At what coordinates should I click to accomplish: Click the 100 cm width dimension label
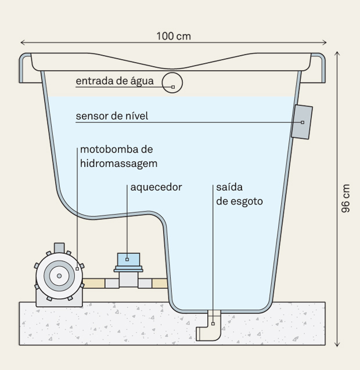(173, 36)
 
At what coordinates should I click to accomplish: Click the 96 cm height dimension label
(345, 198)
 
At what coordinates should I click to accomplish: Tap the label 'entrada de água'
(114, 81)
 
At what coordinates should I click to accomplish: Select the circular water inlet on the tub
(172, 83)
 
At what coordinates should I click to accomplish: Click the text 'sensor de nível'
(111, 116)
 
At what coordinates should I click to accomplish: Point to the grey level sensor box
(302, 122)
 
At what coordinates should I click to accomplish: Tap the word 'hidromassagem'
(118, 164)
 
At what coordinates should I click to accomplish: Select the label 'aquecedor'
(156, 187)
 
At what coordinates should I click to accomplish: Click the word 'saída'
(229, 187)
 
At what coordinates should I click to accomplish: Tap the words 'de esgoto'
(239, 201)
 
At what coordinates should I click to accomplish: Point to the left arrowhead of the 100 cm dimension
(22, 42)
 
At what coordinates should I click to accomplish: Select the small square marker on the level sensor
(303, 122)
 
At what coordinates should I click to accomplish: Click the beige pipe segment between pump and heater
(94, 283)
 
